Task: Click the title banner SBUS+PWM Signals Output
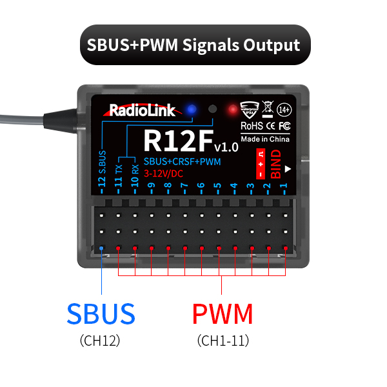coord(193,45)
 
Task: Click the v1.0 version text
coord(226,146)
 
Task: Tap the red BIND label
coord(276,164)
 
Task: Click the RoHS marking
coord(250,125)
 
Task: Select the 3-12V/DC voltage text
coord(163,173)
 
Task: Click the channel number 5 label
coord(218,187)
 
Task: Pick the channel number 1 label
coord(284,187)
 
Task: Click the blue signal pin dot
coord(102,248)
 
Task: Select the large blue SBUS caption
coord(101,314)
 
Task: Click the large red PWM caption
coord(223,314)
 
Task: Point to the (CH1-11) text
coord(223,340)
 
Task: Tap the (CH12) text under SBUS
coord(101,340)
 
